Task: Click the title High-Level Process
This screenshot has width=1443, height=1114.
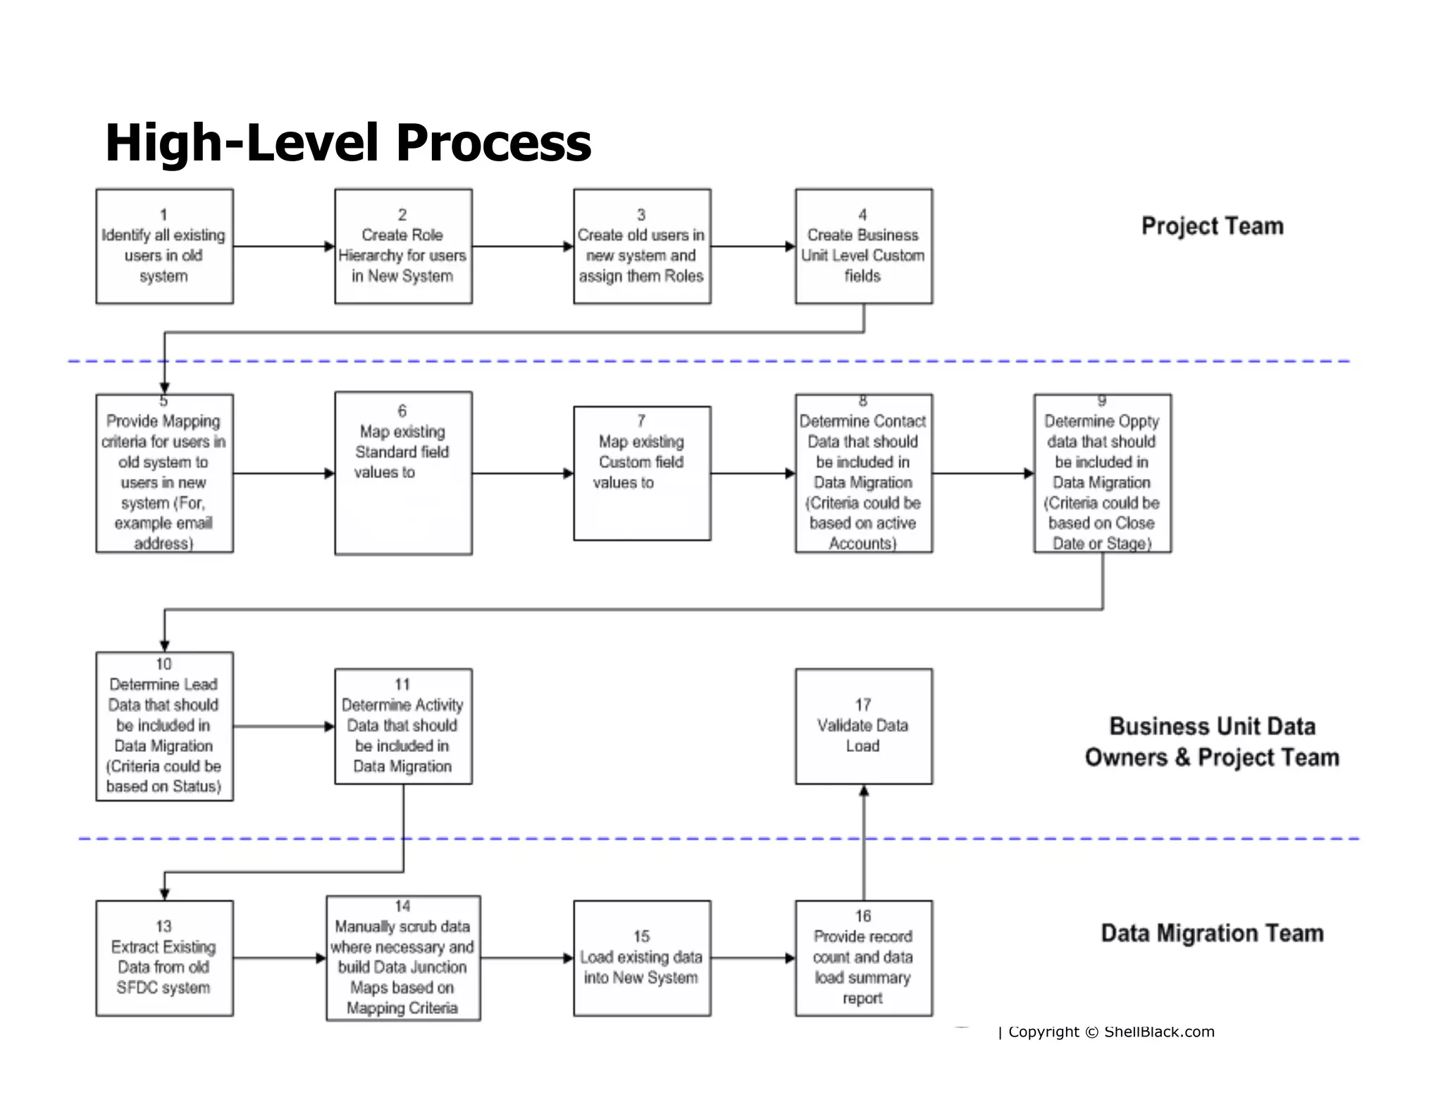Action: [x=348, y=143]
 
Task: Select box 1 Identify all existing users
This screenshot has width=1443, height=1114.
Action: [x=164, y=246]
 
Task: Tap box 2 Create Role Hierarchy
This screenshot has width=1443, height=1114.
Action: [x=403, y=246]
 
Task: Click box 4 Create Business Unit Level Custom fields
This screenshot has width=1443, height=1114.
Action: [x=864, y=246]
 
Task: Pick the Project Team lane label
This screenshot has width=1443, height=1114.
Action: [x=1212, y=226]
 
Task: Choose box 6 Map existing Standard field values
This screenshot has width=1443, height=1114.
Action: [x=403, y=473]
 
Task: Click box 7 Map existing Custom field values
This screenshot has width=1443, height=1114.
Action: [x=642, y=473]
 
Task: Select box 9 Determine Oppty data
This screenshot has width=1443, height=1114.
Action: [x=1102, y=473]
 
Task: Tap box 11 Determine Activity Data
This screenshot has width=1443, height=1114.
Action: [x=403, y=726]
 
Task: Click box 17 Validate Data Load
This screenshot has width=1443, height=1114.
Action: [x=864, y=726]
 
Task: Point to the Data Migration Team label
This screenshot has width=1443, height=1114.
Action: [x=1212, y=933]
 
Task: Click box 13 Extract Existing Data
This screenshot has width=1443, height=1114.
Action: [x=164, y=958]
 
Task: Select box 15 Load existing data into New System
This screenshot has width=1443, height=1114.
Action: [x=642, y=958]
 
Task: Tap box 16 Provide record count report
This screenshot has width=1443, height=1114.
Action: [x=864, y=958]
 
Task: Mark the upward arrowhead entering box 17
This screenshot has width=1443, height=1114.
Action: [x=864, y=791]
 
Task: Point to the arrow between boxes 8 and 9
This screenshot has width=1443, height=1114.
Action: [x=983, y=473]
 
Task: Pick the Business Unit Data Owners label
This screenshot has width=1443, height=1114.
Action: [x=1212, y=741]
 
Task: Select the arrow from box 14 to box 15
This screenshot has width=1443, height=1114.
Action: [x=526, y=958]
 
